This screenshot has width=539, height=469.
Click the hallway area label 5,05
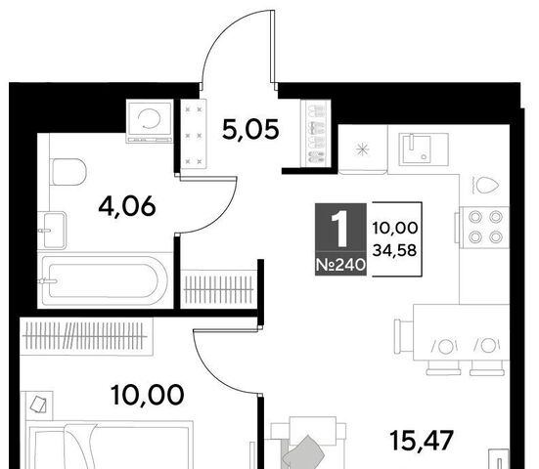[250, 130]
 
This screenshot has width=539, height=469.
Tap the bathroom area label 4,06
[127, 206]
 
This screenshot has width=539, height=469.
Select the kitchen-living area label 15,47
[422, 441]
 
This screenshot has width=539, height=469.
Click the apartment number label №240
[340, 265]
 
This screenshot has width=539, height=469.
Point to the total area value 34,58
[394, 250]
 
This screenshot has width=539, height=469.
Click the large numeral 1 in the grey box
[340, 229]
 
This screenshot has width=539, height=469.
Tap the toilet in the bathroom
[68, 172]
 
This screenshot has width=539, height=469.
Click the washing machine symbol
[149, 121]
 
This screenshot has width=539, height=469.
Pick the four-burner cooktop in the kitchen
[484, 227]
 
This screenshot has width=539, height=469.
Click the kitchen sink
[424, 149]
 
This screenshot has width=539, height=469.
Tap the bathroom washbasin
[52, 230]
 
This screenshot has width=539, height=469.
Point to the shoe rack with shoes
[316, 134]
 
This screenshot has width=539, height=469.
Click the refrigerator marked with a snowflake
[362, 149]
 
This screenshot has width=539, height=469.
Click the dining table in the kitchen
[461, 332]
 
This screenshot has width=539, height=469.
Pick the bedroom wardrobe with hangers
[86, 335]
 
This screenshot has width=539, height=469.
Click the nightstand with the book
[39, 405]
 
